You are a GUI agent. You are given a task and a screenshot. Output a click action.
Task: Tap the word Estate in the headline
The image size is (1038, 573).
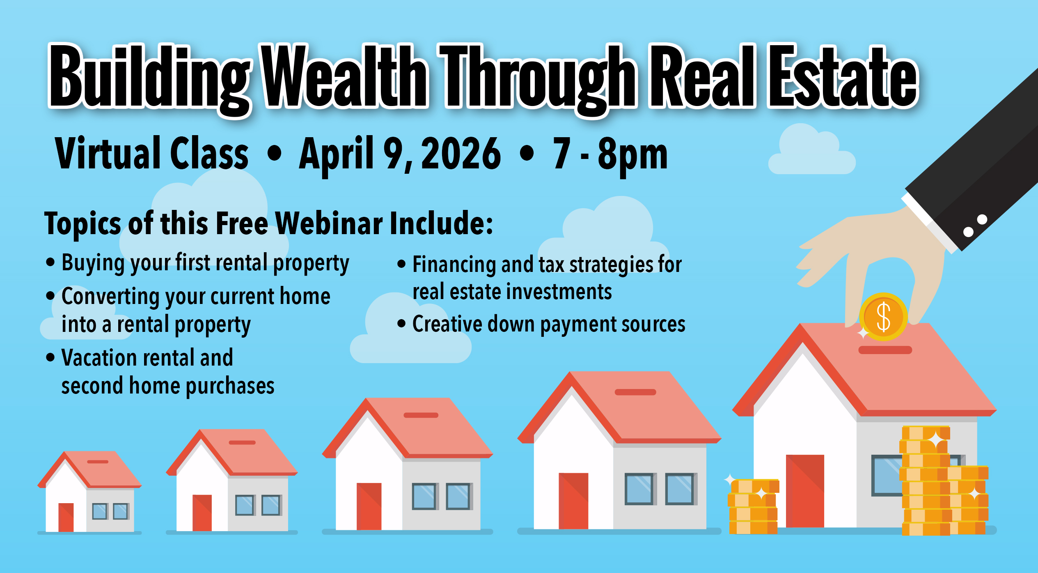point(843,77)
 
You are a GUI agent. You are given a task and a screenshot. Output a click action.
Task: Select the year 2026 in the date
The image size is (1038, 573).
point(461,154)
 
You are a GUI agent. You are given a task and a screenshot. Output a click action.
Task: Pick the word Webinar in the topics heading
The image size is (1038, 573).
point(329,223)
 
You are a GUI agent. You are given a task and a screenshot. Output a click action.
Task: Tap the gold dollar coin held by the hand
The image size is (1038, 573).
point(883,317)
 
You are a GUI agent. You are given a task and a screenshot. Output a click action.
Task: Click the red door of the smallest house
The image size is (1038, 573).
point(66,517)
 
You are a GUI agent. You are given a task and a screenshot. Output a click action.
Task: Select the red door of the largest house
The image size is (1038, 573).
point(805,491)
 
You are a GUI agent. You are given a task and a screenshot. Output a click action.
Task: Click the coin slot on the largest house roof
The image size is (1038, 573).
point(885,350)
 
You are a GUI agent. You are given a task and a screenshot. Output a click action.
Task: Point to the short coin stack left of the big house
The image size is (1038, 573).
point(753,506)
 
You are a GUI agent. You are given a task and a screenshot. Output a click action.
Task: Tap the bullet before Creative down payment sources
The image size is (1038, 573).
point(401,324)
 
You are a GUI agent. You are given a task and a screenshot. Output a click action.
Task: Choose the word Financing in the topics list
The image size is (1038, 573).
point(454,265)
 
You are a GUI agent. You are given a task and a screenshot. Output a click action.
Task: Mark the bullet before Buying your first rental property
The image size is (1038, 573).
point(50,262)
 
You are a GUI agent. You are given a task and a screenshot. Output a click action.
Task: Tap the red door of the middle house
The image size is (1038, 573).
point(369,506)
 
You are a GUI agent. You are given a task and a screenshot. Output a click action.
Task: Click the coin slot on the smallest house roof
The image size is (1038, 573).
point(98,462)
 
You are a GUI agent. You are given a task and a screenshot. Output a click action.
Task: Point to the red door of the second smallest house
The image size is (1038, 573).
point(202,513)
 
